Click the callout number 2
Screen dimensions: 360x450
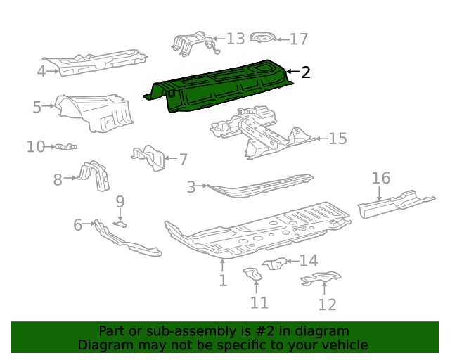(305, 72)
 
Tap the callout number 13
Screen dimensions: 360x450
(235, 39)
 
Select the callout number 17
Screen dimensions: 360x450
(299, 39)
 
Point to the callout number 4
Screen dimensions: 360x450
(41, 70)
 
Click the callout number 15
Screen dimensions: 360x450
(337, 139)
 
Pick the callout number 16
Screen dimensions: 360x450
(381, 178)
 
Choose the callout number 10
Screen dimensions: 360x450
(36, 146)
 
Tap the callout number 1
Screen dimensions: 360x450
(223, 281)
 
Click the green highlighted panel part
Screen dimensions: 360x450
(218, 86)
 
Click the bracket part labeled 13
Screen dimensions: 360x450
(191, 42)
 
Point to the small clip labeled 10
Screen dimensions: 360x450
(66, 146)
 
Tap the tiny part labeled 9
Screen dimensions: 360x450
(120, 224)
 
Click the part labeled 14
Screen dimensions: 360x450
(275, 264)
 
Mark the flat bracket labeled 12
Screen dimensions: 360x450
(321, 280)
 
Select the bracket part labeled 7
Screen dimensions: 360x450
(149, 157)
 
